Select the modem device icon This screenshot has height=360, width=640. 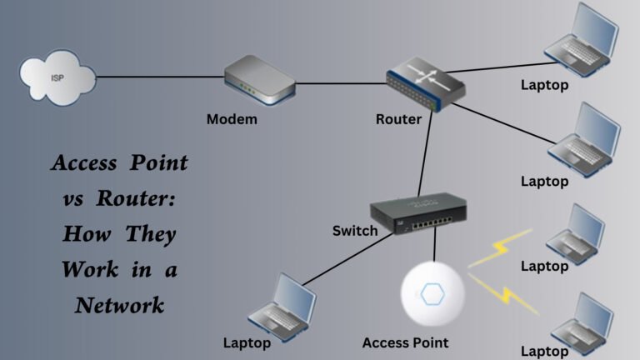(x=259, y=80)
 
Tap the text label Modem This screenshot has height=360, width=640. (x=232, y=119)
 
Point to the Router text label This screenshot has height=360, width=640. (x=398, y=119)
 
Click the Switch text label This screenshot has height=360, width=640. (x=355, y=230)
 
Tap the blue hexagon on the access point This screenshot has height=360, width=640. (x=432, y=294)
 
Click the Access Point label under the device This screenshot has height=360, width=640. (x=406, y=342)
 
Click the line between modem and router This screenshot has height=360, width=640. (x=342, y=82)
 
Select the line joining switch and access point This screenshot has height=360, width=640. (x=434, y=250)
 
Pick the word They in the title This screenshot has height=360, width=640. (x=151, y=234)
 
